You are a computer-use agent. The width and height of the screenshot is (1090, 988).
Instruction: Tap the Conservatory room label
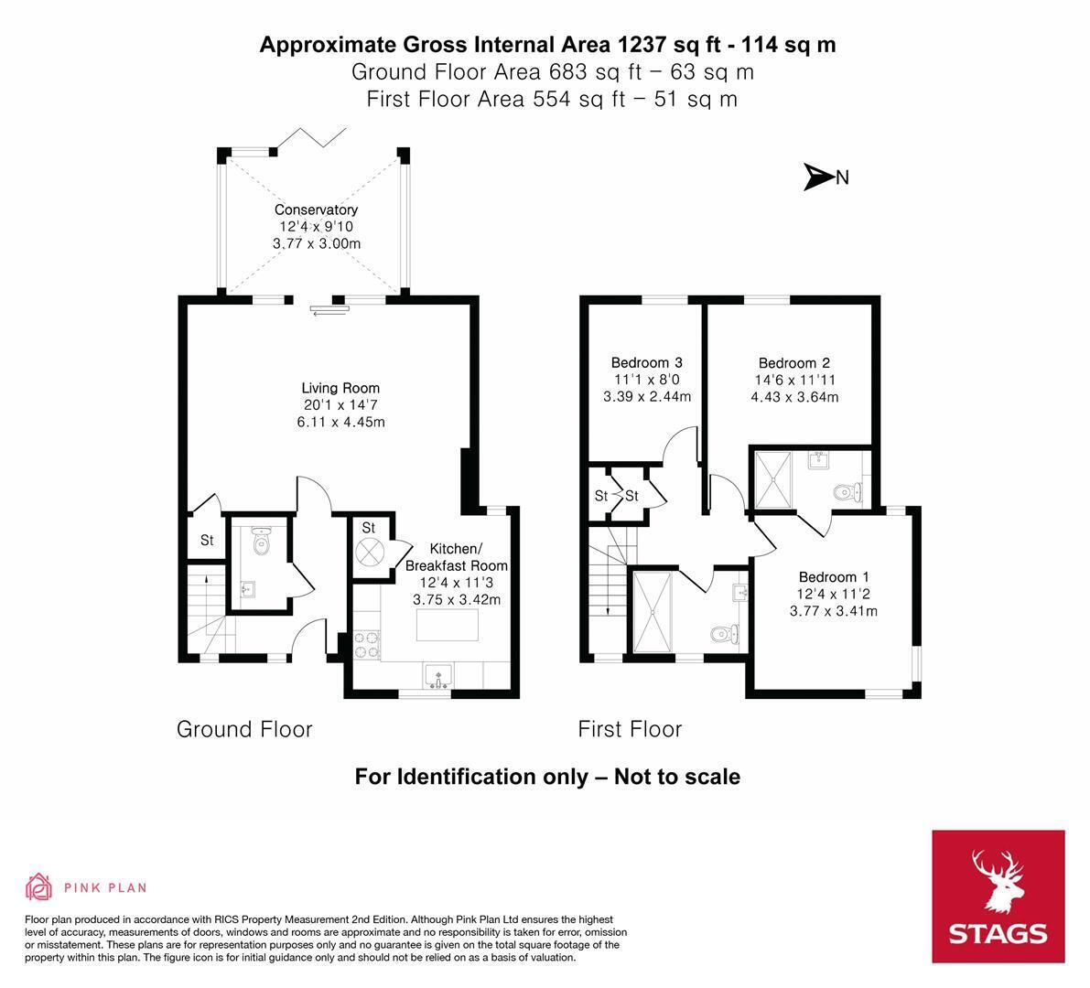pyautogui.click(x=317, y=209)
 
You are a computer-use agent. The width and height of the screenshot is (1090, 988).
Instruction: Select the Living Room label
pyautogui.click(x=340, y=388)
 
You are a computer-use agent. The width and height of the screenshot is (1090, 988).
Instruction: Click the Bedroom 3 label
pyautogui.click(x=646, y=362)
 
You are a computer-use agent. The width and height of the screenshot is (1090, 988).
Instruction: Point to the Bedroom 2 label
pyautogui.click(x=793, y=362)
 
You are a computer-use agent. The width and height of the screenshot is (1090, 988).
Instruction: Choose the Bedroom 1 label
pyautogui.click(x=834, y=576)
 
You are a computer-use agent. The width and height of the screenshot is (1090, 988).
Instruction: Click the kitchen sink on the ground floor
pyautogui.click(x=438, y=675)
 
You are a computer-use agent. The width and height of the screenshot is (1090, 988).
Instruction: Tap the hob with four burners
pyautogui.click(x=367, y=644)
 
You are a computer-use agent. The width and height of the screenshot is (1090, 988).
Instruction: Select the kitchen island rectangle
pyautogui.click(x=447, y=625)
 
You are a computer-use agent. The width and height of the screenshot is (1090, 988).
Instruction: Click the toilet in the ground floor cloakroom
pyautogui.click(x=262, y=540)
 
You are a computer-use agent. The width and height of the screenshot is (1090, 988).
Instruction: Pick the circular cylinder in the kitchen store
pyautogui.click(x=369, y=553)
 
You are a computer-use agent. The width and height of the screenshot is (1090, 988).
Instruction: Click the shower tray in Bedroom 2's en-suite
pyautogui.click(x=773, y=480)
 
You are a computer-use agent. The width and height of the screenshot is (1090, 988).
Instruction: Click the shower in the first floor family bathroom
pyautogui.click(x=653, y=611)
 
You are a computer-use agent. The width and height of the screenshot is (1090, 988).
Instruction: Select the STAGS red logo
pyautogui.click(x=998, y=897)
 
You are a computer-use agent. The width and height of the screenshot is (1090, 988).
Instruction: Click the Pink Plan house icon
pyautogui.click(x=39, y=886)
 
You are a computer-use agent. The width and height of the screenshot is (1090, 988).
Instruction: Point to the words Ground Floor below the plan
pyautogui.click(x=244, y=729)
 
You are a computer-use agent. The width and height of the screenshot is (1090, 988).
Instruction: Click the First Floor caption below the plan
pyautogui.click(x=630, y=729)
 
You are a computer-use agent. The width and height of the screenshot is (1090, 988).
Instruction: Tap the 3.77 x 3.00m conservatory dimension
pyautogui.click(x=317, y=243)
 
